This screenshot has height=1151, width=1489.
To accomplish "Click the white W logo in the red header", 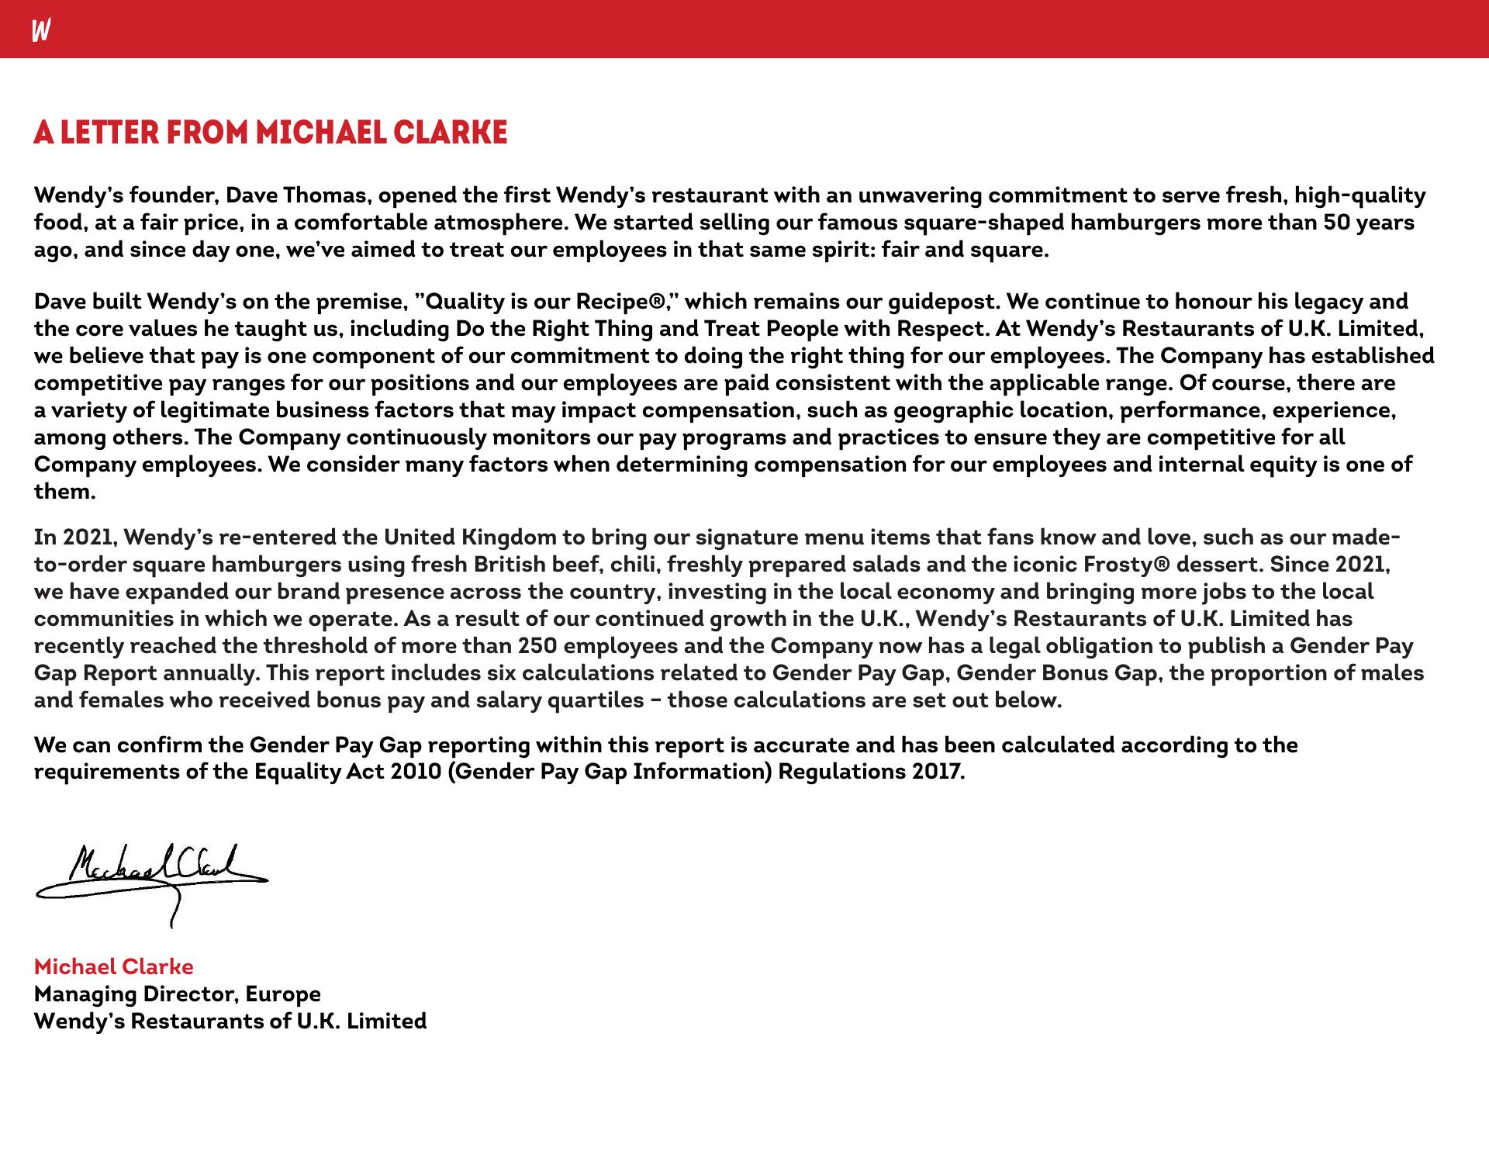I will pos(41,31).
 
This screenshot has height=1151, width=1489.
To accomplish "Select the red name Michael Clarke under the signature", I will pos(113,966).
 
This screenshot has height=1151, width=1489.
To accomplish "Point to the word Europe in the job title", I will pos(283,994).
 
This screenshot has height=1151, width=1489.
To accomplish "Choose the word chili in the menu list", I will pos(633,565).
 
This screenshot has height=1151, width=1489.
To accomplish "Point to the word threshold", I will pos(315,646).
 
